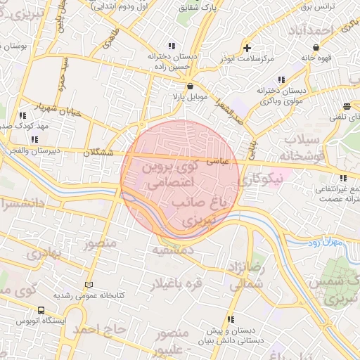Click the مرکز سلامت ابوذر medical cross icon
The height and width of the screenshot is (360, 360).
[247, 48]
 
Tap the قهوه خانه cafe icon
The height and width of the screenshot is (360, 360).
[316, 48]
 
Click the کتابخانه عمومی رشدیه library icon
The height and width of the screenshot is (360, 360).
[88, 285]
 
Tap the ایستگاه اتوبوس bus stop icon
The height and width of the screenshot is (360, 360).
[41, 310]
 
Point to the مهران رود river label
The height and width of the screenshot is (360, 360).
[324, 243]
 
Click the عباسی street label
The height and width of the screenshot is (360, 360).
[217, 161]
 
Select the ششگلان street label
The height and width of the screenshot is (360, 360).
[98, 152]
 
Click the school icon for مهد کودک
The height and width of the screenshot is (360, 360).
[22, 115]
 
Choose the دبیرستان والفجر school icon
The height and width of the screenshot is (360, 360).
[35, 139]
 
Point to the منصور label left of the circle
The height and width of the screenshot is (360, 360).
[99, 245]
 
